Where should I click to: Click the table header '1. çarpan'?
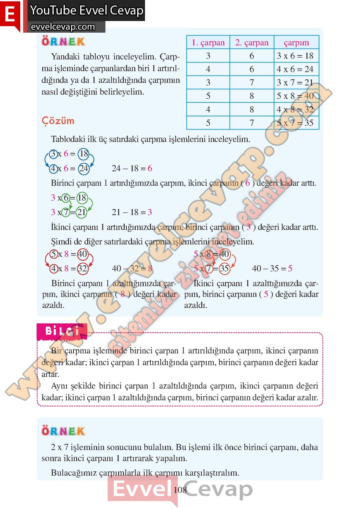[208, 42]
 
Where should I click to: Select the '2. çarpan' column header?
[252, 42]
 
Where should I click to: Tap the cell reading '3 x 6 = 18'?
[295, 56]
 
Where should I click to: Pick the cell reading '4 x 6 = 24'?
[295, 69]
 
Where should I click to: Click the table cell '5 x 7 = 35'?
[295, 123]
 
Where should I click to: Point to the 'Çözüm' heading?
[58, 121]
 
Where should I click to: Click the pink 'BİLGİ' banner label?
[62, 331]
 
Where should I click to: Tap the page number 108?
[180, 490]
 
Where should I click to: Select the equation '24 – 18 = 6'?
[132, 168]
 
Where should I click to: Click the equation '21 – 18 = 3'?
[132, 212]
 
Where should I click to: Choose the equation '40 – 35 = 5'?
[272, 269]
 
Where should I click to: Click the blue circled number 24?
[84, 168]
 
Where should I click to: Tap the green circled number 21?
[81, 212]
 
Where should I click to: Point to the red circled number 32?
[82, 269]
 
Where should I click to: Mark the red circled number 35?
[224, 269]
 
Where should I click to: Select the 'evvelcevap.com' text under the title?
[63, 27]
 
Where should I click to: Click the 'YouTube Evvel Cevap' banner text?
[87, 10]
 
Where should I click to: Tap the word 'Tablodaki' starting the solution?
[69, 139]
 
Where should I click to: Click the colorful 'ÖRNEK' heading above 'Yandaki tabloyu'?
[63, 41]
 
